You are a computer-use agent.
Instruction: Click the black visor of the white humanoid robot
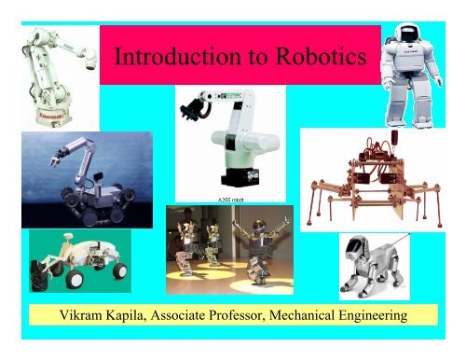coord(418,29)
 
